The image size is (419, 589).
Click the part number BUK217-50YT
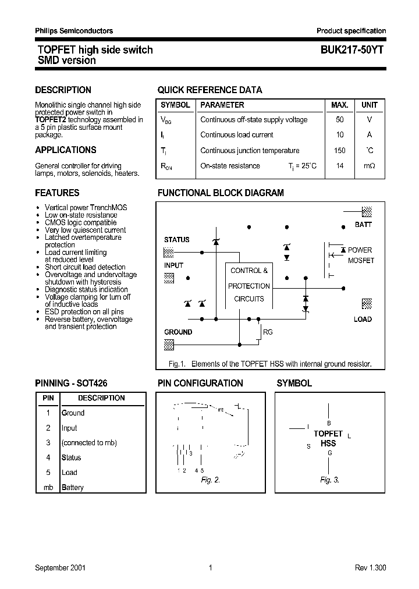tap(351, 50)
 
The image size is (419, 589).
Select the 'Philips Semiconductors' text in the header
tap(74, 31)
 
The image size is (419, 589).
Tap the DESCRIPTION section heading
tap(63, 90)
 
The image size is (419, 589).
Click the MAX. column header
tap(339, 105)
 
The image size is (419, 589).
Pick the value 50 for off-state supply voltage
tap(340, 120)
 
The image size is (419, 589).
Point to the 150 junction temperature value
tap(340, 151)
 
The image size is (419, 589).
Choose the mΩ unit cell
tap(370, 166)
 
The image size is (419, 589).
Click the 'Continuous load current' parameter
tap(236, 135)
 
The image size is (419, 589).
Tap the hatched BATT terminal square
tap(367, 212)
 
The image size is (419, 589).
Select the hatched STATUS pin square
tap(169, 252)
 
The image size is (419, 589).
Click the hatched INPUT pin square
tap(169, 278)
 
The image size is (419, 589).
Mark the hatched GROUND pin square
tap(169, 345)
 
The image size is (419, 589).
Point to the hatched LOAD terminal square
tap(367, 304)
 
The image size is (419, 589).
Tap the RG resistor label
tap(268, 332)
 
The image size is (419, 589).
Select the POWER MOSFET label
tap(360, 255)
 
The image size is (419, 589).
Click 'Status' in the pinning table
tap(71, 458)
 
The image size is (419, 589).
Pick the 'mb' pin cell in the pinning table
tap(48, 488)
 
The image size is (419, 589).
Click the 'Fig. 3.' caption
tap(329, 480)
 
